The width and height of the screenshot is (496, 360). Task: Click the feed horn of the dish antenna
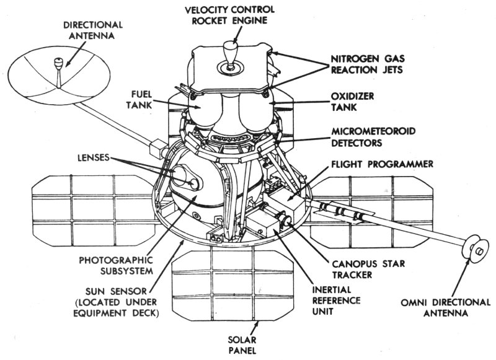click(60, 63)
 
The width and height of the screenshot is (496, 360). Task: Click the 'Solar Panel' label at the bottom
click(256, 345)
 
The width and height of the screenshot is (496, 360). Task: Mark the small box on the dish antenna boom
click(157, 149)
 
